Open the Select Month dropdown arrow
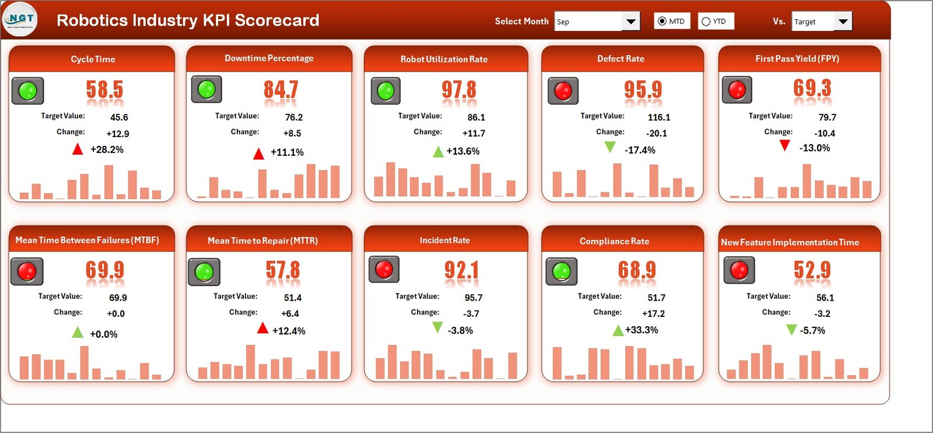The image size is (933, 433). pos(630,22)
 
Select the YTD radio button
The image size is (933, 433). pos(706,22)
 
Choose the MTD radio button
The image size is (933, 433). pos(662,22)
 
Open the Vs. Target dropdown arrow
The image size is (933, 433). pos(843,22)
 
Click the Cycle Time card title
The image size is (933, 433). pos(93,60)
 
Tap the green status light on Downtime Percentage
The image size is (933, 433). pos(206,89)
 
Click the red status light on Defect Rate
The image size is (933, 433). pos(563,91)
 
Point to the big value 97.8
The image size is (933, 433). pos(458,90)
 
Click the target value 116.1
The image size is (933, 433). pos(659,117)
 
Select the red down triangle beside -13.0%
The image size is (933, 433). pos(785,145)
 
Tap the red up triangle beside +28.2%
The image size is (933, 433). pos(78,149)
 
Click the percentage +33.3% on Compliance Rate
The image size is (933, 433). pos(641,330)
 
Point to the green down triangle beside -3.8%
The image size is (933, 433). pos(437,327)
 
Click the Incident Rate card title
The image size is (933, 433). pos(444,240)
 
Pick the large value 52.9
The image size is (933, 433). pos(812,270)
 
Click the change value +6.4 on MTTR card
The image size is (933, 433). pos(290,314)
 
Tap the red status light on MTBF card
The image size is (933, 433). pos(27,271)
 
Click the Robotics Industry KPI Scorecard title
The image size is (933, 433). pos(188,20)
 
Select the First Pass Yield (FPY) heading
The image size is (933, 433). pos(797,59)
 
